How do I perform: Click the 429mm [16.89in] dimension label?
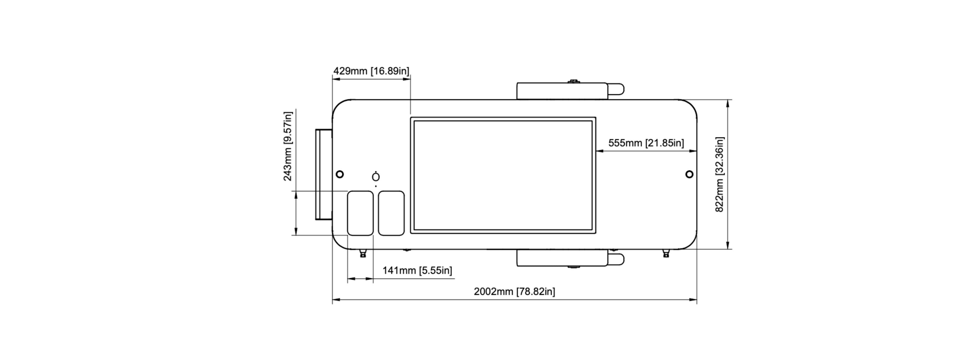click(371, 71)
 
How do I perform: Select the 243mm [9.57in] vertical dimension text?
click(288, 146)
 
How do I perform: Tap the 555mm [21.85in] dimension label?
click(646, 143)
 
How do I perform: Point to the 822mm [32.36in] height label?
click(720, 174)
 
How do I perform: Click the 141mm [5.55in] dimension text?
click(417, 270)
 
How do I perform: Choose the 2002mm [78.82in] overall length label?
click(514, 291)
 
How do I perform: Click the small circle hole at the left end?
click(340, 174)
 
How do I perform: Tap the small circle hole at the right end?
click(689, 174)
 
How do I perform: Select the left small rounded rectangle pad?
click(360, 213)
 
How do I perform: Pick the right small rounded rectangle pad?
click(391, 213)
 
